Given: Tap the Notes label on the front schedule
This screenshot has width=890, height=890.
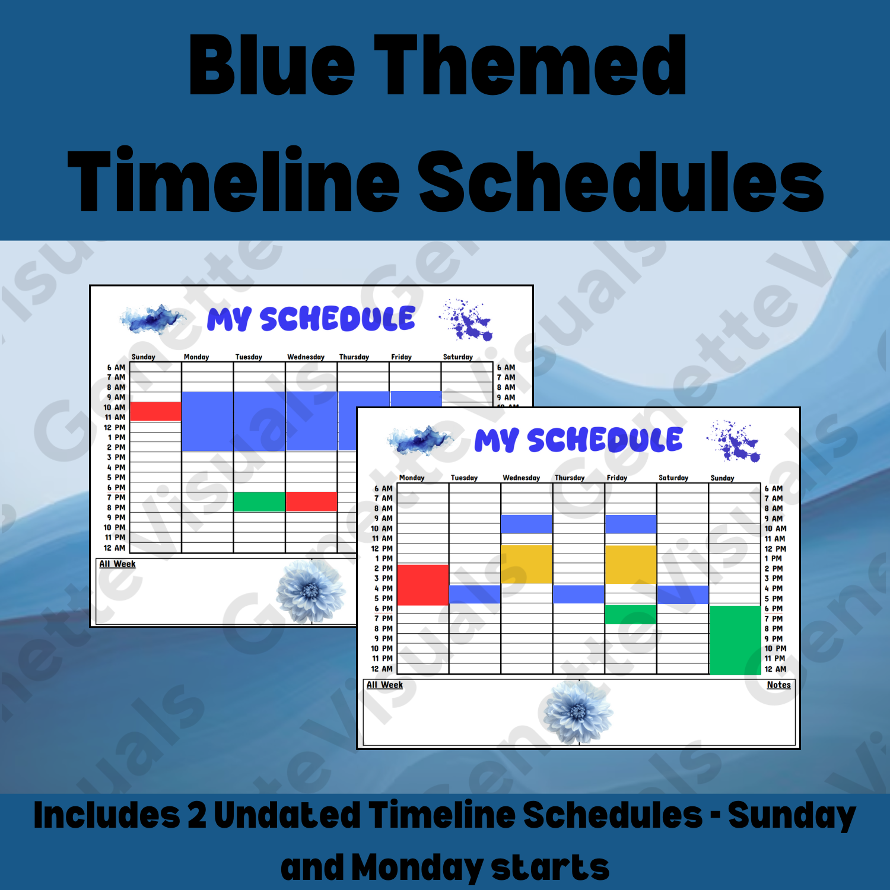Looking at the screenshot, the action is point(778,685).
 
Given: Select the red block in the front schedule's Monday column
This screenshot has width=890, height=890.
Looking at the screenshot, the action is point(422,584).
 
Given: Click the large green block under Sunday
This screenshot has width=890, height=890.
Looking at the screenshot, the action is point(735,640).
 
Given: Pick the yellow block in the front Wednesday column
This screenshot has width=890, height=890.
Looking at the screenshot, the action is point(526,564).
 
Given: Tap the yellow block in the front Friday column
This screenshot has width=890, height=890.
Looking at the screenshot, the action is point(630,564).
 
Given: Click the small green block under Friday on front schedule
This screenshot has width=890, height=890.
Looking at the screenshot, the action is point(630,614).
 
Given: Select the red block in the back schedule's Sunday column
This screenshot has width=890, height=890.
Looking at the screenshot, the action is point(155,411).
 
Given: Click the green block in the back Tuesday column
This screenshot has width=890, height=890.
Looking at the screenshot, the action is point(259,501).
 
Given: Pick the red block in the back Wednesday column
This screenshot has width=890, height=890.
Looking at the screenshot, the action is point(311,501).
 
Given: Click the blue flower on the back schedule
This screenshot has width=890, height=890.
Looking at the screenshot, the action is point(310,591).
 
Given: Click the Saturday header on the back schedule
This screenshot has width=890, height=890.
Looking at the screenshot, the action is point(457,357).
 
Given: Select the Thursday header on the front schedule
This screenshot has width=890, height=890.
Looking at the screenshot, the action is point(569,478).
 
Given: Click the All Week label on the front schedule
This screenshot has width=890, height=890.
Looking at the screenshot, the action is point(384,685).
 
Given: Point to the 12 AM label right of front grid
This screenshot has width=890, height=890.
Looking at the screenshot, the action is point(775,669).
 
